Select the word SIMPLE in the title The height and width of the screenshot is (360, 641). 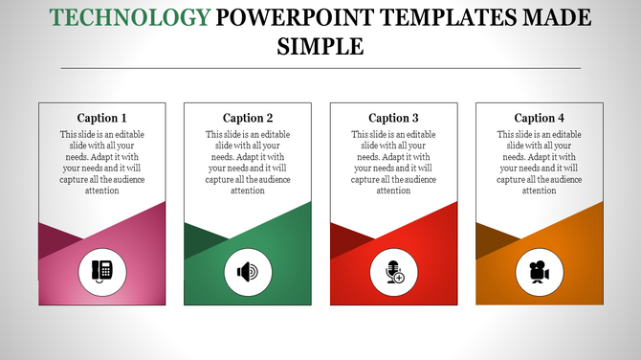click(x=320, y=46)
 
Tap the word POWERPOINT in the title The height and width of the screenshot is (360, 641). click(x=292, y=17)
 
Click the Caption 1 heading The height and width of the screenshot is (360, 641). click(x=101, y=118)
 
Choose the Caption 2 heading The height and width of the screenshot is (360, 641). click(x=248, y=118)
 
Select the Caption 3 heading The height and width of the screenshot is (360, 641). click(x=393, y=118)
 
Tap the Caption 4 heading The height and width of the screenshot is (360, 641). click(x=539, y=118)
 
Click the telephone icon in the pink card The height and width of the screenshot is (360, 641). click(x=101, y=271)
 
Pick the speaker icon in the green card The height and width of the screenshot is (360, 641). click(x=248, y=271)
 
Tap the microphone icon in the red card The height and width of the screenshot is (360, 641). click(x=393, y=272)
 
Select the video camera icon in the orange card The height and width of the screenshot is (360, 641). click(x=539, y=271)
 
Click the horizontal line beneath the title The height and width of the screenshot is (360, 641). click(x=320, y=68)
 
